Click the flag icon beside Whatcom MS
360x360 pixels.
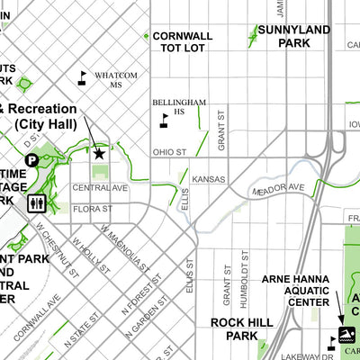83,77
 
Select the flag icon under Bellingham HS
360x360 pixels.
164,119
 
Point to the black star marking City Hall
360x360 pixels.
99,154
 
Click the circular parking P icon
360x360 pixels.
31,160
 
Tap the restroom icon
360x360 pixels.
37,202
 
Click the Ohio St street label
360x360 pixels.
168,152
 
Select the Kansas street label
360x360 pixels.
208,179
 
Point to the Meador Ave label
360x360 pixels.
279,191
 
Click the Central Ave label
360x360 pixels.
100,188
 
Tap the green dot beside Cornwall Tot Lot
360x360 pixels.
147,36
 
